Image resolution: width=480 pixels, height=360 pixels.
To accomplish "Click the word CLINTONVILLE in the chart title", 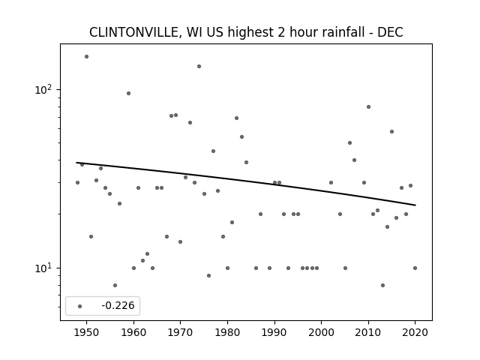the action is click(x=133, y=32).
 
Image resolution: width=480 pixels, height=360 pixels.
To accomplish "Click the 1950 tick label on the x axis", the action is click(x=87, y=332).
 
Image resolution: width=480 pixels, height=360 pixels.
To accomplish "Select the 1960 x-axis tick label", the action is click(x=133, y=332).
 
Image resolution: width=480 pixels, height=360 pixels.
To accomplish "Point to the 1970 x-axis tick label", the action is click(x=181, y=332).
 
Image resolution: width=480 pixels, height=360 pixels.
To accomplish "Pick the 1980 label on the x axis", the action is click(x=227, y=332).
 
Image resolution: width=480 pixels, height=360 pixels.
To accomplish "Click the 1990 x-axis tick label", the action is click(x=274, y=332).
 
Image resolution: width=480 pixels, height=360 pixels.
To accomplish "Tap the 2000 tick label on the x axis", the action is click(x=322, y=332).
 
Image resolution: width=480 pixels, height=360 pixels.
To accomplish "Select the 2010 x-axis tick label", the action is click(x=368, y=332).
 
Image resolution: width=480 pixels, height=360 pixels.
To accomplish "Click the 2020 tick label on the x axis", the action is click(x=415, y=332).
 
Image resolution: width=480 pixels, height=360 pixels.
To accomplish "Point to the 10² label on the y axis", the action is click(x=45, y=89).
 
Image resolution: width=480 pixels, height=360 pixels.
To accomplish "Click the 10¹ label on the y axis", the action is click(x=45, y=268).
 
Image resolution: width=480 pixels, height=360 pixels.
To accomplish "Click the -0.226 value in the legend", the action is click(x=118, y=305).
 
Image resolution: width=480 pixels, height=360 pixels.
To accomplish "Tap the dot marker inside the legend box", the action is click(x=80, y=306).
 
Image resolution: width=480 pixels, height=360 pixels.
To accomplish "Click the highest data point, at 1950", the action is click(x=87, y=57).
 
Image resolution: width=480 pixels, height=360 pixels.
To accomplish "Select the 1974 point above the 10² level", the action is click(x=199, y=67).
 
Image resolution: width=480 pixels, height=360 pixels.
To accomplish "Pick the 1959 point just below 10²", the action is click(x=128, y=93).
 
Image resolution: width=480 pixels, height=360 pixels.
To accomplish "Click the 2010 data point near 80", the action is click(x=368, y=106).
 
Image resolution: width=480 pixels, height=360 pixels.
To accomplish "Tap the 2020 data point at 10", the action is click(x=415, y=268).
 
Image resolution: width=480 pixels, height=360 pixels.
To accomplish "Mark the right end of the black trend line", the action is click(x=415, y=205).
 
